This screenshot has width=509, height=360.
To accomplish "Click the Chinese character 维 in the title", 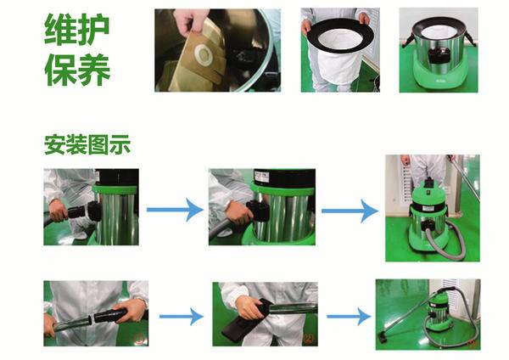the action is click(60, 29).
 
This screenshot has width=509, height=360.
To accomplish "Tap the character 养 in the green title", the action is click(94, 70).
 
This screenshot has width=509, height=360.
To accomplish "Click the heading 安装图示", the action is click(87, 144).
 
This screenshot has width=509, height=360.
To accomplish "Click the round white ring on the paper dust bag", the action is click(204, 54).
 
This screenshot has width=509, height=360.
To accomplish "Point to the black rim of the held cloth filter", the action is click(339, 25).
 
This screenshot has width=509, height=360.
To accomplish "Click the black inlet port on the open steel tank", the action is click(439, 55).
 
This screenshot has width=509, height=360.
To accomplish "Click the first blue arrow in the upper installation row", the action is click(175, 210).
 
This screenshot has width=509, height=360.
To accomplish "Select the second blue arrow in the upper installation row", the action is click(350, 211).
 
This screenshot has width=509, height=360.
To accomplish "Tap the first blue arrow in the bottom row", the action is click(182, 317).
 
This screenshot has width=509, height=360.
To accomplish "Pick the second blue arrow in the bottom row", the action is click(349, 317).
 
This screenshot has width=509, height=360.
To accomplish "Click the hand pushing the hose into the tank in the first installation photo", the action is click(58, 210).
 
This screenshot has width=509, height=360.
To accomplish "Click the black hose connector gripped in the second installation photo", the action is click(259, 211).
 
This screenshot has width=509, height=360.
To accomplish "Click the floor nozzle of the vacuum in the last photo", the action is click(383, 336).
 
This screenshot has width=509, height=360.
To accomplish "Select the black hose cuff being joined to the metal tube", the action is click(109, 315).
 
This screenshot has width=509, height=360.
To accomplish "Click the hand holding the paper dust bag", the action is click(190, 20).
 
